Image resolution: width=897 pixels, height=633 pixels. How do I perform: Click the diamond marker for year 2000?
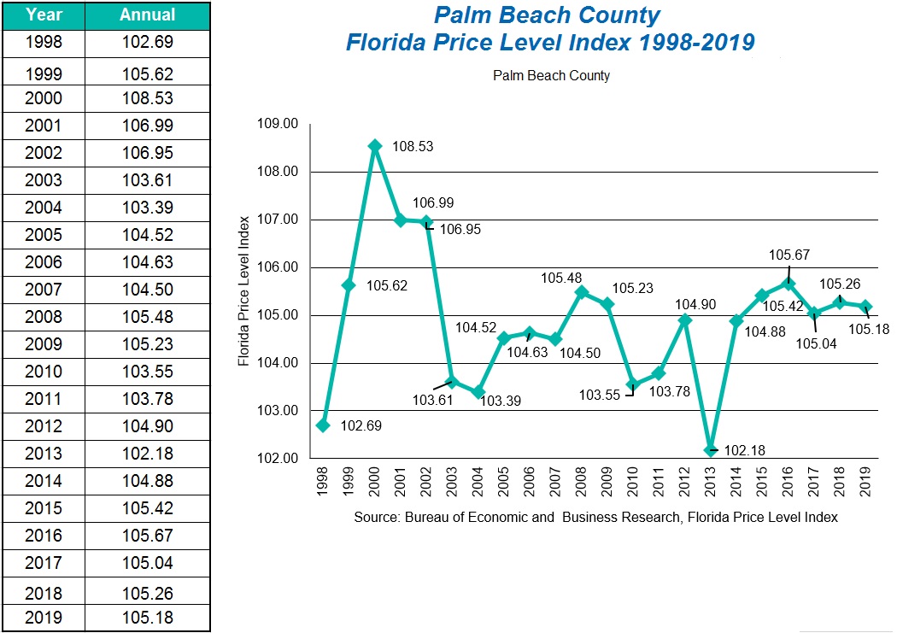click(375, 146)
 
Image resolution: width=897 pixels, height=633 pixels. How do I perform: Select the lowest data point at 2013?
click(711, 450)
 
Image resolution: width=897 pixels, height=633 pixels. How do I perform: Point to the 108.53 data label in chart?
click(413, 147)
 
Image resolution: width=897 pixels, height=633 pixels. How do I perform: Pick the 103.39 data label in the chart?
click(501, 401)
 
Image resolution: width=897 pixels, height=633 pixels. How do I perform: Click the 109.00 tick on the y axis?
click(278, 124)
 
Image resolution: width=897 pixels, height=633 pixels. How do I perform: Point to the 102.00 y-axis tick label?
click(278, 459)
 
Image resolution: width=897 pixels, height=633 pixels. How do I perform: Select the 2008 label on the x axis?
click(582, 486)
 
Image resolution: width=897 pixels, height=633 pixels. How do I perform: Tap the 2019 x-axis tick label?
click(866, 486)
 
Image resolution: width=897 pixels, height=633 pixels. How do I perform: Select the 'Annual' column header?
click(147, 15)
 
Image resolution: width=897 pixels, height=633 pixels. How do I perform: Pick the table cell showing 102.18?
click(147, 454)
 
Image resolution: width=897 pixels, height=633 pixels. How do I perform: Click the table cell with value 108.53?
click(147, 98)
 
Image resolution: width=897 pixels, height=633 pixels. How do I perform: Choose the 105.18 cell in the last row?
click(147, 618)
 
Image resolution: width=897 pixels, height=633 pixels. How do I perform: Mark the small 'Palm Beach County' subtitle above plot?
click(551, 76)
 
